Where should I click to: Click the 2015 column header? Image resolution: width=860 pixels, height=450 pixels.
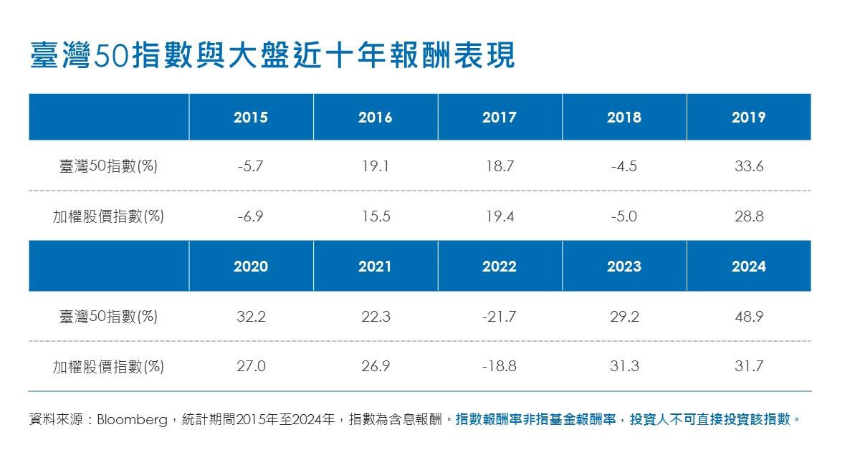251,117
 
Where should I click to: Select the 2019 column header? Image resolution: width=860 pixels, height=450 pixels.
749,117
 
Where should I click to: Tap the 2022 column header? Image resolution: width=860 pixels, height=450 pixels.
500,266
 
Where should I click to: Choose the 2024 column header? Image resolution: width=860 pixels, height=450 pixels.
749,266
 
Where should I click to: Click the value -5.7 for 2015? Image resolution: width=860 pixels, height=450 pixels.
250,166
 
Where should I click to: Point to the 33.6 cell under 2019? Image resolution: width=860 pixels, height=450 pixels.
749,166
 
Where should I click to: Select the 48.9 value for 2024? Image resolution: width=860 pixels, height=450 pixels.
749,317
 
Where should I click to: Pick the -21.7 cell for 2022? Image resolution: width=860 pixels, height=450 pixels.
499,317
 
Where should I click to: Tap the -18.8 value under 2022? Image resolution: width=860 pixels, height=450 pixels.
499,366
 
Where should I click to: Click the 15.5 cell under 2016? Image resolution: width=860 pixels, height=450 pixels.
376,216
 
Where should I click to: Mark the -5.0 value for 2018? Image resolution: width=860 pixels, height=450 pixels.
624,216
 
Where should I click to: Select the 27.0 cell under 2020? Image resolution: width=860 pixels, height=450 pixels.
251,366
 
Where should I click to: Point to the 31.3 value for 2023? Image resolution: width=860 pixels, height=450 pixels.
624,366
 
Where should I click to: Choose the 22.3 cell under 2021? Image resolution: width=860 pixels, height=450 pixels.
376,317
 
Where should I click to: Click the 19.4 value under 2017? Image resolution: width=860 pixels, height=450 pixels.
500,216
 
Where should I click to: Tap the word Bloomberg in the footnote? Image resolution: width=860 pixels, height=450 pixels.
132,419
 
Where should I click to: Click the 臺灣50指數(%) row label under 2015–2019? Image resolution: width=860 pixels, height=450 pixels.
108,166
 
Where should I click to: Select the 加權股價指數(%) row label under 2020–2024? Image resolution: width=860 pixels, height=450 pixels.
108,367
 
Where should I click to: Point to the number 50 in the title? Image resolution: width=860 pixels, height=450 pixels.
111,57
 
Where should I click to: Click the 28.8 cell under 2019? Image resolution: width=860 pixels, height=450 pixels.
749,216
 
